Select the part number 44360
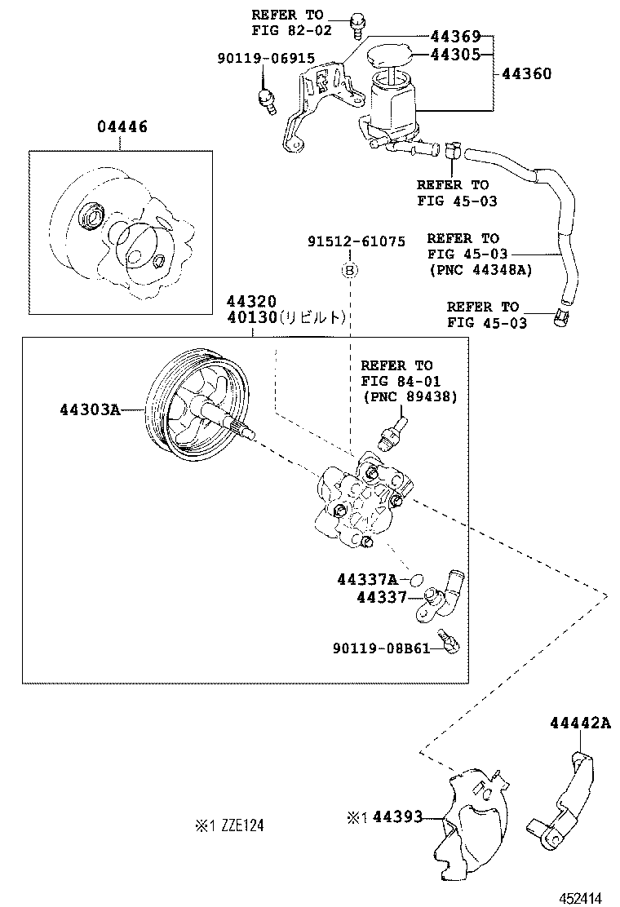click(526, 73)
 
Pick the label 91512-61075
click(356, 241)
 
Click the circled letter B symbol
click(349, 269)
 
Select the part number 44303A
click(89, 409)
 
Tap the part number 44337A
click(367, 579)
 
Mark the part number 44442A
click(579, 723)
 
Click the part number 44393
click(398, 816)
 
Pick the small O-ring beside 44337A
click(415, 580)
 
